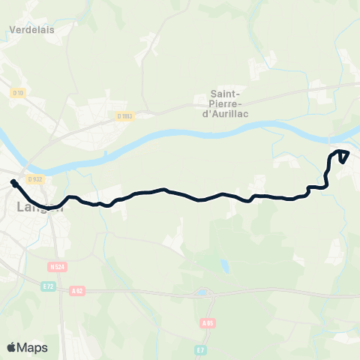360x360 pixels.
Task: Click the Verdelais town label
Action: click(x=34, y=30)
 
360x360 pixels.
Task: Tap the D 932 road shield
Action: click(x=32, y=178)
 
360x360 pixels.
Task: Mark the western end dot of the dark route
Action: click(x=13, y=181)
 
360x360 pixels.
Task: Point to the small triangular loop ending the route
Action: click(x=343, y=155)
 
